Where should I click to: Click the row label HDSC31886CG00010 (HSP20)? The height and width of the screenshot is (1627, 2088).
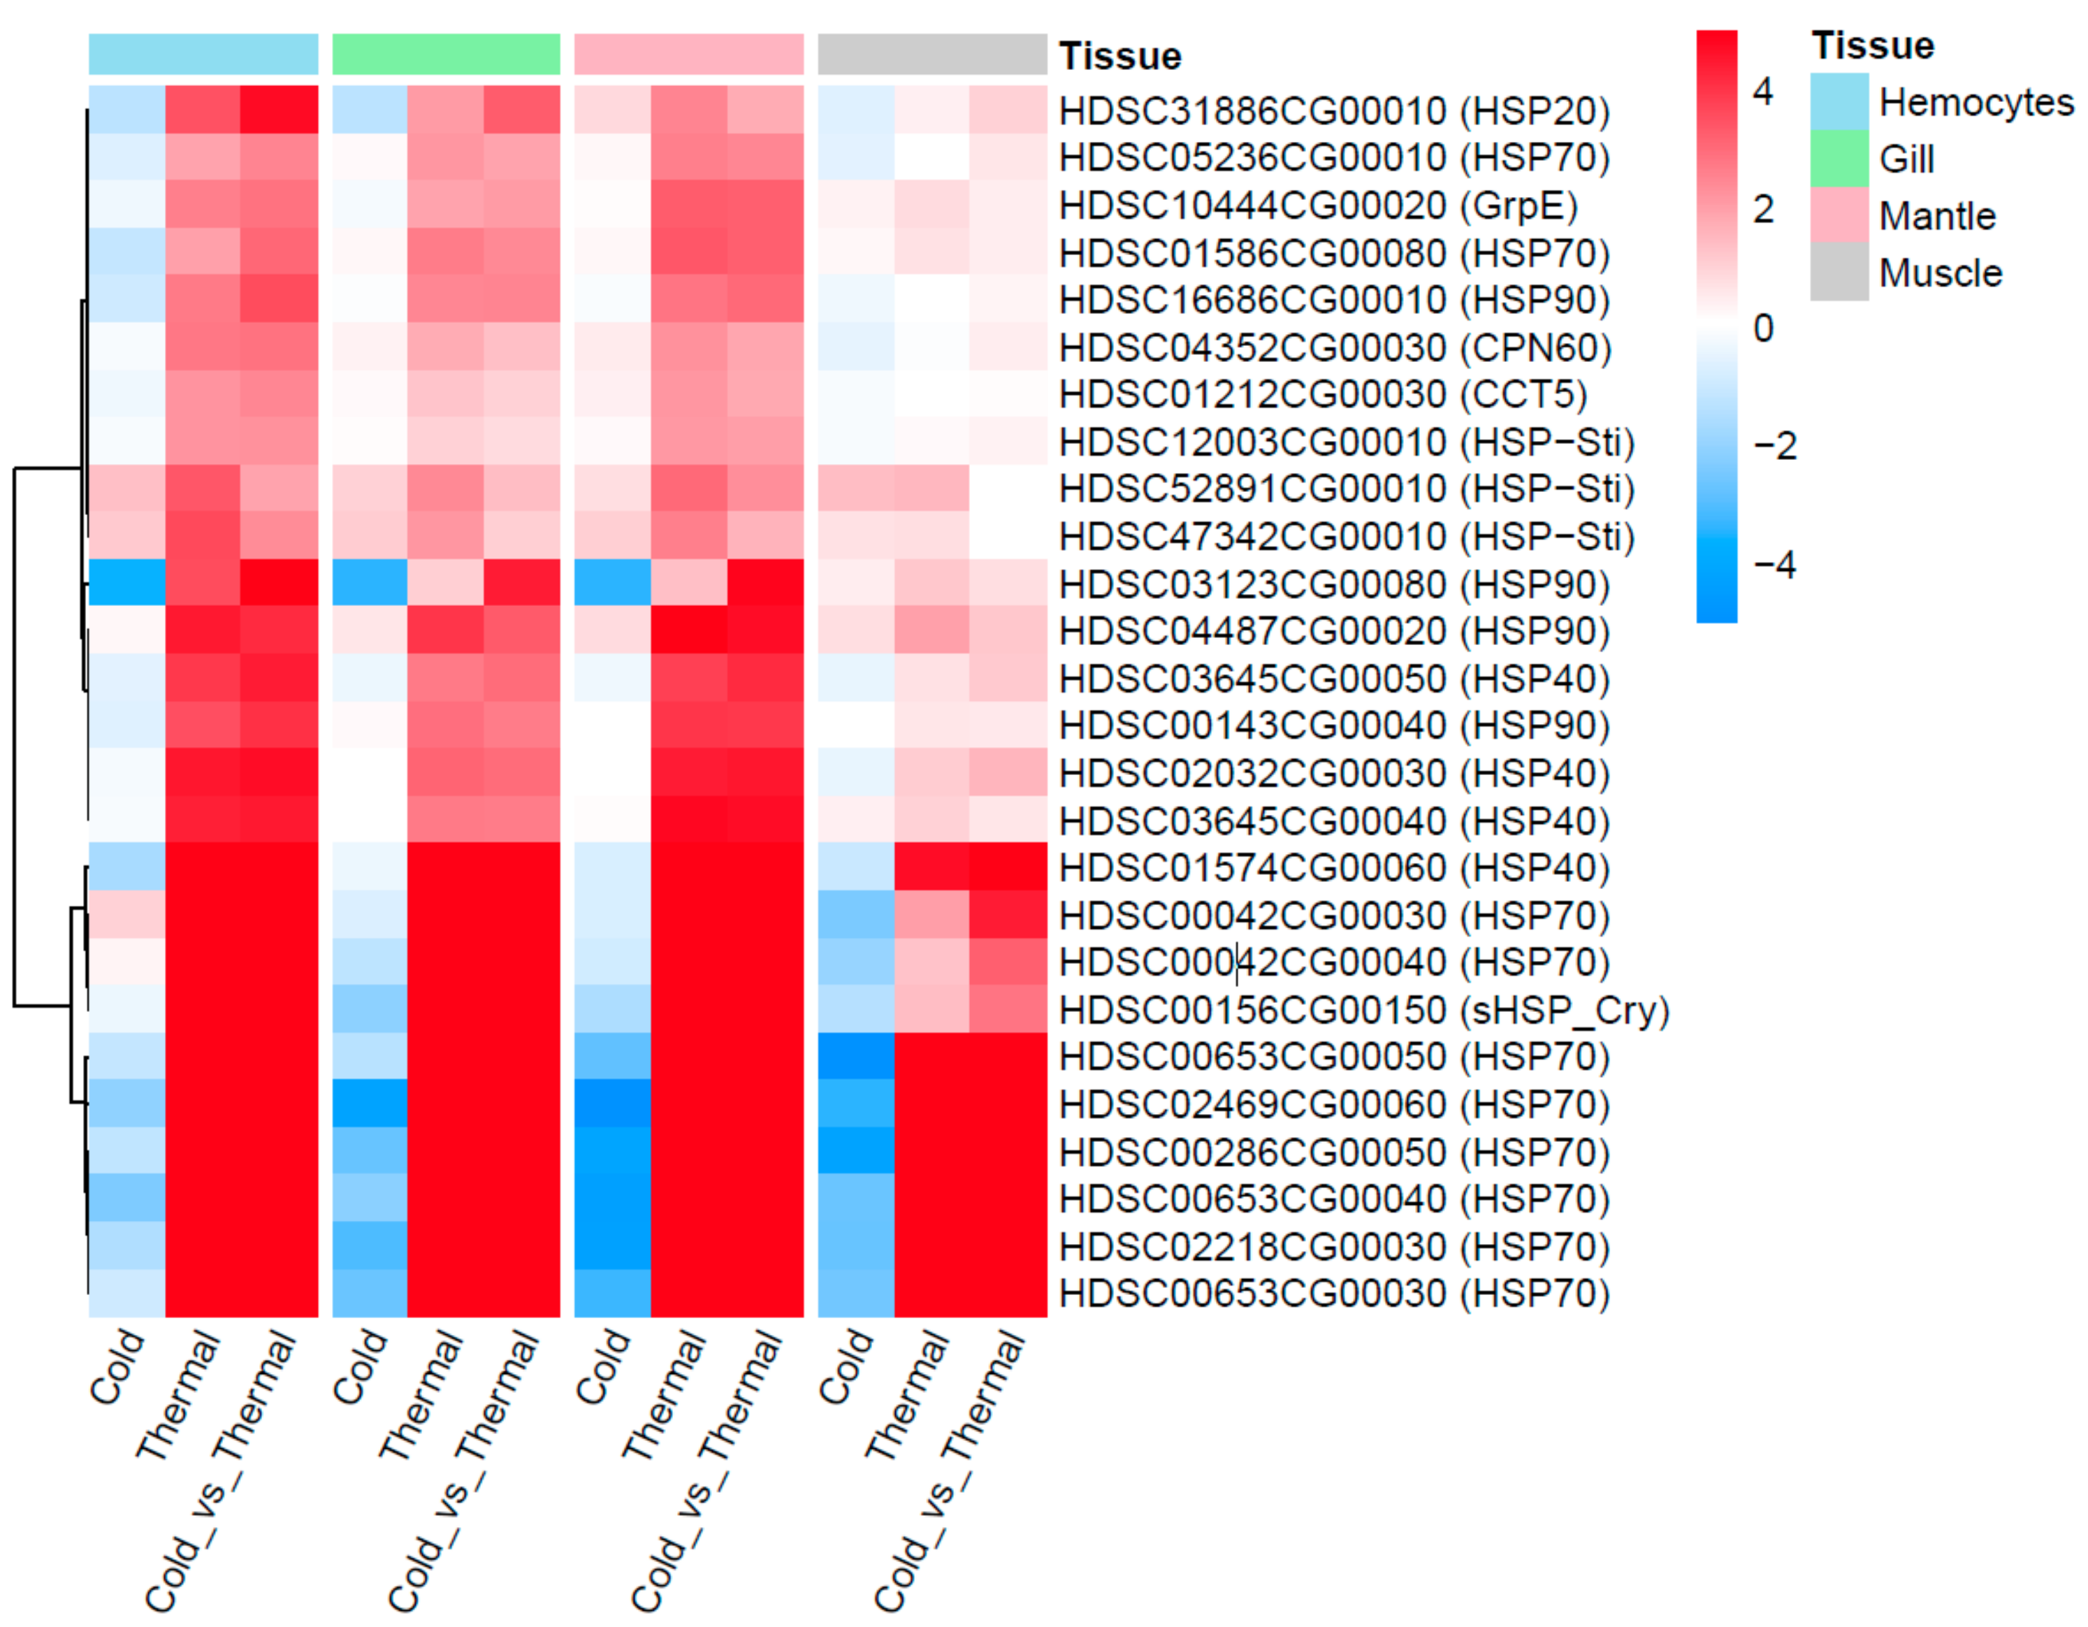point(1334,111)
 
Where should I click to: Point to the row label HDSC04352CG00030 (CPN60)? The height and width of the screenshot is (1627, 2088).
point(1335,348)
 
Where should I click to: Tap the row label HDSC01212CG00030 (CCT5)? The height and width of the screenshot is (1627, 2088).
point(1322,395)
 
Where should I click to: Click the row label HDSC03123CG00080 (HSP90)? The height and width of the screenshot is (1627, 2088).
point(1334,584)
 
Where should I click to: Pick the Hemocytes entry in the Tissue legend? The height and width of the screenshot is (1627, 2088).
point(1975,102)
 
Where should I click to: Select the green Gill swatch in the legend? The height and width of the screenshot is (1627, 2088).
point(1839,159)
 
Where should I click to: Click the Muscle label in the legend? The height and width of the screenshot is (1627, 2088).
point(1940,273)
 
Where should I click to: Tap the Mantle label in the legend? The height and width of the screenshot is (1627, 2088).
point(1937,216)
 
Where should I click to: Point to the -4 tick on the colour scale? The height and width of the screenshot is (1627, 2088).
point(1774,565)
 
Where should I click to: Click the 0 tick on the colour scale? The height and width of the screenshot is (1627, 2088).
point(1764,328)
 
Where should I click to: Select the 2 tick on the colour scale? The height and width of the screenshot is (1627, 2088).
point(1764,210)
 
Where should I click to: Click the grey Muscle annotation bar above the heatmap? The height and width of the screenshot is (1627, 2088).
point(932,55)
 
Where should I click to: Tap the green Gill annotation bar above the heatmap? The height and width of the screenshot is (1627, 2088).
point(446,55)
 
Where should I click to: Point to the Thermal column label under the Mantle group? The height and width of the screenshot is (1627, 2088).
point(665,1396)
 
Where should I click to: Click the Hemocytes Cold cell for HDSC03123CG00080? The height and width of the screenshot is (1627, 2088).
point(127,582)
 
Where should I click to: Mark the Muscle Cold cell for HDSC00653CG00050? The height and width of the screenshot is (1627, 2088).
point(855,1056)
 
